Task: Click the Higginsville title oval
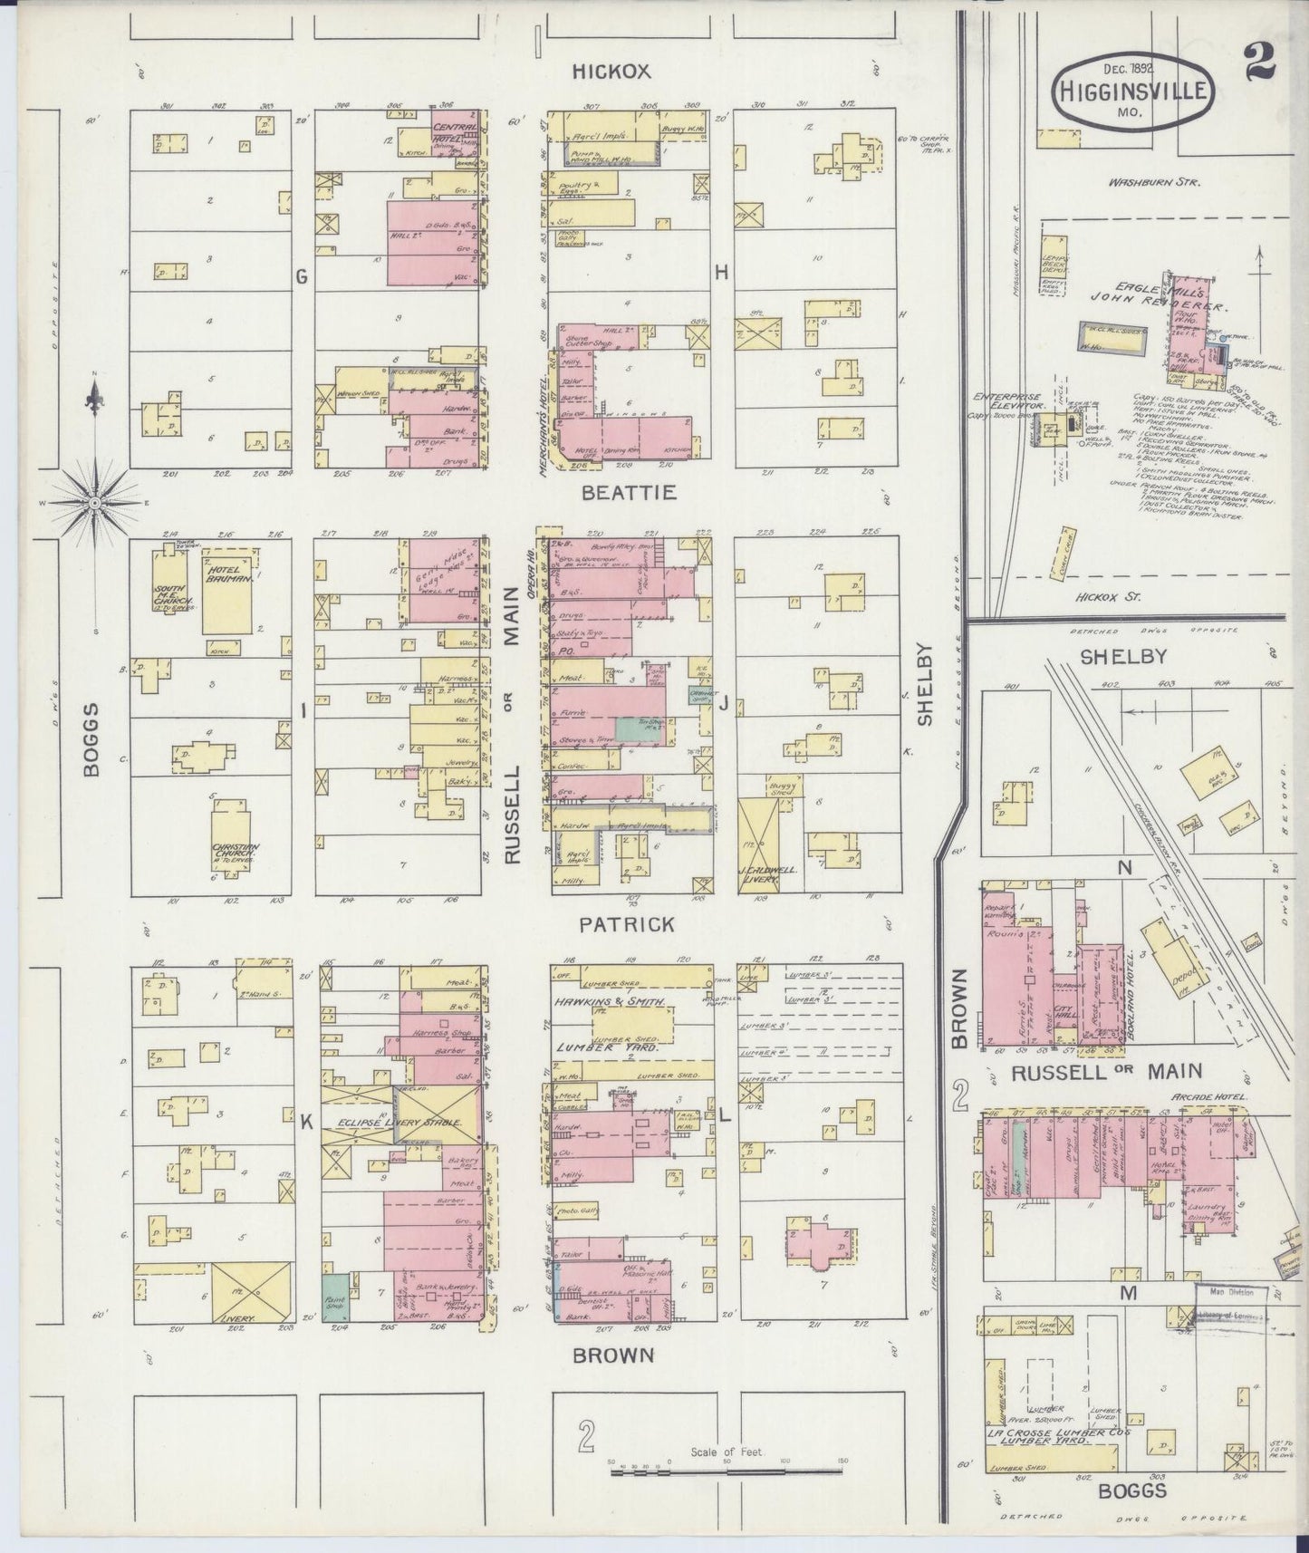pos(1132,92)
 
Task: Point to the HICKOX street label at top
pos(611,72)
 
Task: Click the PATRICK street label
pos(627,924)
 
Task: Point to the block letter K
pos(306,1122)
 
